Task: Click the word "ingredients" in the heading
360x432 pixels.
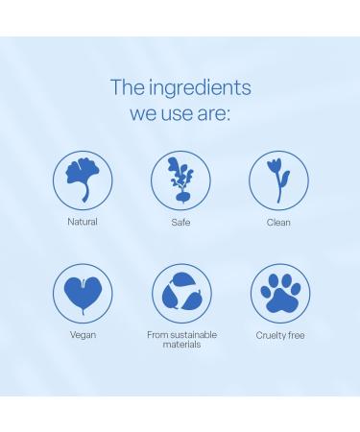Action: (199, 88)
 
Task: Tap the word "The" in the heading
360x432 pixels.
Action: (127, 88)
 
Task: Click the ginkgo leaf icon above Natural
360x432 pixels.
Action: (83, 180)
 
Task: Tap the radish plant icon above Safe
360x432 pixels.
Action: (180, 180)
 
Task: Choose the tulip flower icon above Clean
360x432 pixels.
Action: (278, 180)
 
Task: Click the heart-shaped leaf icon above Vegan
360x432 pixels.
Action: (83, 293)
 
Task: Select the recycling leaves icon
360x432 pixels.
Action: (180, 293)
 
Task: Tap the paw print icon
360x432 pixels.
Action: (279, 293)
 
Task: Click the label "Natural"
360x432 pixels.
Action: (83, 222)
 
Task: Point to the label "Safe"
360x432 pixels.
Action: (180, 222)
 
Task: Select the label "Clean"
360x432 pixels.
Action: (278, 222)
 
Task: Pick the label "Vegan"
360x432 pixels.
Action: (83, 335)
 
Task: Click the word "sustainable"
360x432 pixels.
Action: (192, 335)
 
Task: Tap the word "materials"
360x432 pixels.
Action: (181, 344)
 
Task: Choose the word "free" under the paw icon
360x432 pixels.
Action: (296, 335)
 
